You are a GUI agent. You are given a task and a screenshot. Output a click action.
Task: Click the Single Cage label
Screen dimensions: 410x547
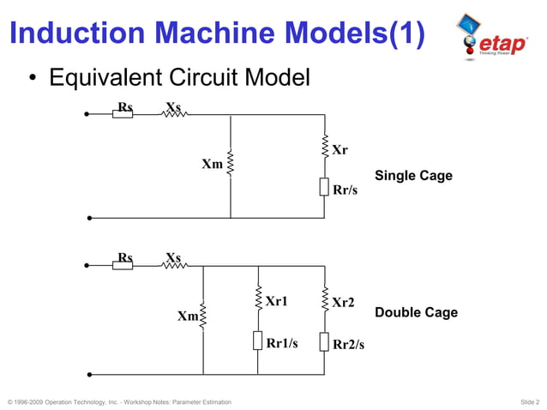pyautogui.click(x=413, y=176)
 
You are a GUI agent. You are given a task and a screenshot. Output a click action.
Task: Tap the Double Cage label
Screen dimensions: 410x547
pyautogui.click(x=416, y=312)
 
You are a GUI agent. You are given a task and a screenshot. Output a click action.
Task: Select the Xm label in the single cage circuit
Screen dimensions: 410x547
pyautogui.click(x=212, y=163)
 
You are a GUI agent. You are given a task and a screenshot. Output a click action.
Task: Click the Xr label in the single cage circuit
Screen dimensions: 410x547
pyautogui.click(x=340, y=150)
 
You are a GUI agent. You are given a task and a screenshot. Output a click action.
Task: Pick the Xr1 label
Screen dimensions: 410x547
pyautogui.click(x=276, y=301)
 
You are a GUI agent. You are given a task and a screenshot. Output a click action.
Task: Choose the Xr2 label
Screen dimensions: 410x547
pyautogui.click(x=343, y=303)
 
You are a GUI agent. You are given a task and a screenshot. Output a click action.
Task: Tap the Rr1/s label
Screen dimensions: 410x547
pyautogui.click(x=282, y=343)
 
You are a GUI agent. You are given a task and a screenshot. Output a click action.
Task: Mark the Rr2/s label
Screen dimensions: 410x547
pyautogui.click(x=348, y=345)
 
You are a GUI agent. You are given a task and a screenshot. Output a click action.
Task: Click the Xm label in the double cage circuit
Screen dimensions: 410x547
pyautogui.click(x=188, y=317)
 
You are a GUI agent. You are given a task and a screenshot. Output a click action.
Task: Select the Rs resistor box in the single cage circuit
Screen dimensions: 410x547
pyautogui.click(x=123, y=113)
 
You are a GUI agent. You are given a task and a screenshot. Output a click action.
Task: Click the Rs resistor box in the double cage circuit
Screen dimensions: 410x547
pyautogui.click(x=123, y=265)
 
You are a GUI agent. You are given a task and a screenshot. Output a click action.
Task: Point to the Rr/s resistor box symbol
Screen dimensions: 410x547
pyautogui.click(x=325, y=187)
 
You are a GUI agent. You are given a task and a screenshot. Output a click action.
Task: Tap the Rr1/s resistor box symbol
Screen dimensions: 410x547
pyautogui.click(x=258, y=341)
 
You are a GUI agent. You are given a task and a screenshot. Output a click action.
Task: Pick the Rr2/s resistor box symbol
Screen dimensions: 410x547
pyautogui.click(x=325, y=341)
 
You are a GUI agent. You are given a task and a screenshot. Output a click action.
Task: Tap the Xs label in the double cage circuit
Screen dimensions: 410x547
pyautogui.click(x=173, y=256)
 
